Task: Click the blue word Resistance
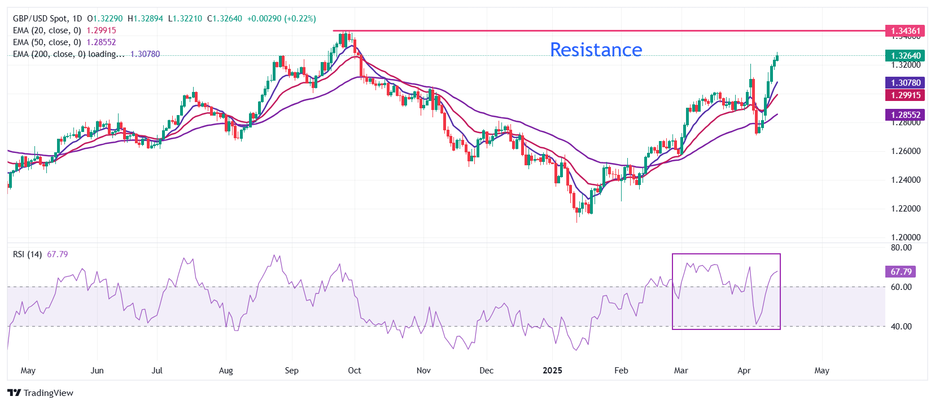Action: point(596,50)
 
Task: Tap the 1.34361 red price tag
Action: point(905,31)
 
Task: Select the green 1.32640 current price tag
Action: point(905,55)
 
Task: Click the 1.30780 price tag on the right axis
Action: point(905,83)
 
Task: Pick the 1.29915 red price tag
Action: point(905,95)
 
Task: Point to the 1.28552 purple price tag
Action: point(905,115)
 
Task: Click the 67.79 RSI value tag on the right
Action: point(901,272)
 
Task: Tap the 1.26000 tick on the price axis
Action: point(906,151)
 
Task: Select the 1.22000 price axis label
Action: point(906,209)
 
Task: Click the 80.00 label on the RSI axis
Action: point(901,248)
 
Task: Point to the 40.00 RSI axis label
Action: point(901,327)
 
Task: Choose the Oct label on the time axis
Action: point(354,371)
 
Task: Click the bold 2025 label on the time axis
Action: point(552,371)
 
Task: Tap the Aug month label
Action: point(226,371)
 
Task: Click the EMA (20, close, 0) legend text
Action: point(47,30)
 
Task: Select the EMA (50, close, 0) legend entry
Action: point(47,42)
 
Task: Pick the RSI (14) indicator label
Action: point(27,254)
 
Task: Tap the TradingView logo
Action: point(41,393)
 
